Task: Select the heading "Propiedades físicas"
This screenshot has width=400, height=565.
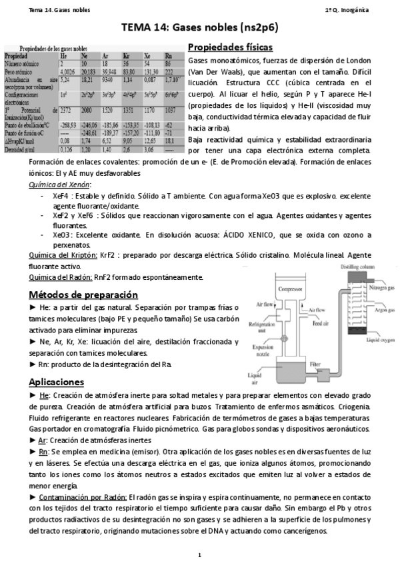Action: click(x=230, y=47)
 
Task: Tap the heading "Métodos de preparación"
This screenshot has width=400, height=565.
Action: click(x=83, y=294)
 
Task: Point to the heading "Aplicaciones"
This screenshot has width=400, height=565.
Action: click(x=65, y=382)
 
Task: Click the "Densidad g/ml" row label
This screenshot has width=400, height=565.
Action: click(x=25, y=151)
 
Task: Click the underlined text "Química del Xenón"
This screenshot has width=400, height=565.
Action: click(x=64, y=185)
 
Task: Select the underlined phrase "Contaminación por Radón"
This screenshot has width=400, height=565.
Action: click(x=83, y=497)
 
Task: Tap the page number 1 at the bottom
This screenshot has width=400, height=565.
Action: click(x=199, y=554)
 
